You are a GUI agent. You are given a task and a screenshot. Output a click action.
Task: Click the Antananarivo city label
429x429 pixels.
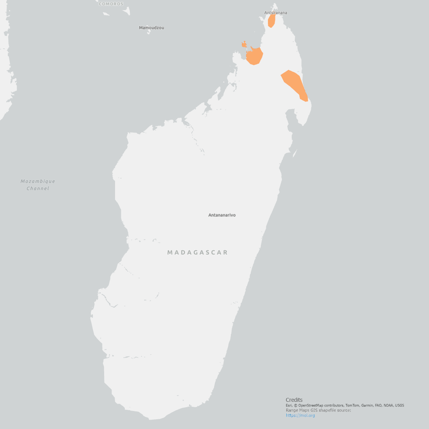(x=222, y=215)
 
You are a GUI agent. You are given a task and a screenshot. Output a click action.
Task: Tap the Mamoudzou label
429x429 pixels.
(x=151, y=28)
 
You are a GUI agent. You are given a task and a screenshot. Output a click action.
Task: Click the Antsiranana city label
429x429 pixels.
(x=275, y=13)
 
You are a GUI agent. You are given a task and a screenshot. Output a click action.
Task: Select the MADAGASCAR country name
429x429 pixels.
(x=197, y=252)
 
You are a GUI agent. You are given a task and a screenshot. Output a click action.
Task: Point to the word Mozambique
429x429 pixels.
(x=38, y=181)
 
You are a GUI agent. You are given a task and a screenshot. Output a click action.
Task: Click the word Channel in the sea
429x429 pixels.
(x=38, y=189)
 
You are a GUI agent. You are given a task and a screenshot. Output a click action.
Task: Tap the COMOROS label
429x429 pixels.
(x=111, y=4)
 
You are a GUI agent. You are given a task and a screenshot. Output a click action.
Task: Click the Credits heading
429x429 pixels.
(x=294, y=400)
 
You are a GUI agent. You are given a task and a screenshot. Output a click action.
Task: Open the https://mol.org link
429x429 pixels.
(x=300, y=415)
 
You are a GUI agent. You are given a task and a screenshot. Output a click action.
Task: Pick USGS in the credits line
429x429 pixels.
(x=399, y=406)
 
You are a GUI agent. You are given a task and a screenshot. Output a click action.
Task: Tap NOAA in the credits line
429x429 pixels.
(x=388, y=406)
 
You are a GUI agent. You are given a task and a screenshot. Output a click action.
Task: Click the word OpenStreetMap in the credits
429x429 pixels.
(x=311, y=406)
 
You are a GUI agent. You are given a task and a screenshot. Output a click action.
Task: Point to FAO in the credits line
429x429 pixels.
(x=379, y=406)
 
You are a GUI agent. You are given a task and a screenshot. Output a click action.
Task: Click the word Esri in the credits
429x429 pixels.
(x=289, y=406)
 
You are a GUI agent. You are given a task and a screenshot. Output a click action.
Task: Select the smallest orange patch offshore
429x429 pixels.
(x=244, y=44)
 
